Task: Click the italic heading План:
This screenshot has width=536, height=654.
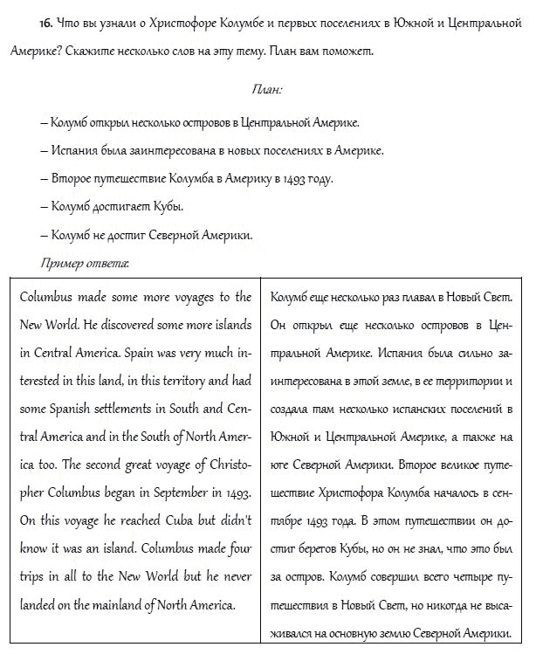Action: tap(267, 89)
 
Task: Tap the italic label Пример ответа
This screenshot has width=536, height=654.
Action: tap(85, 261)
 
